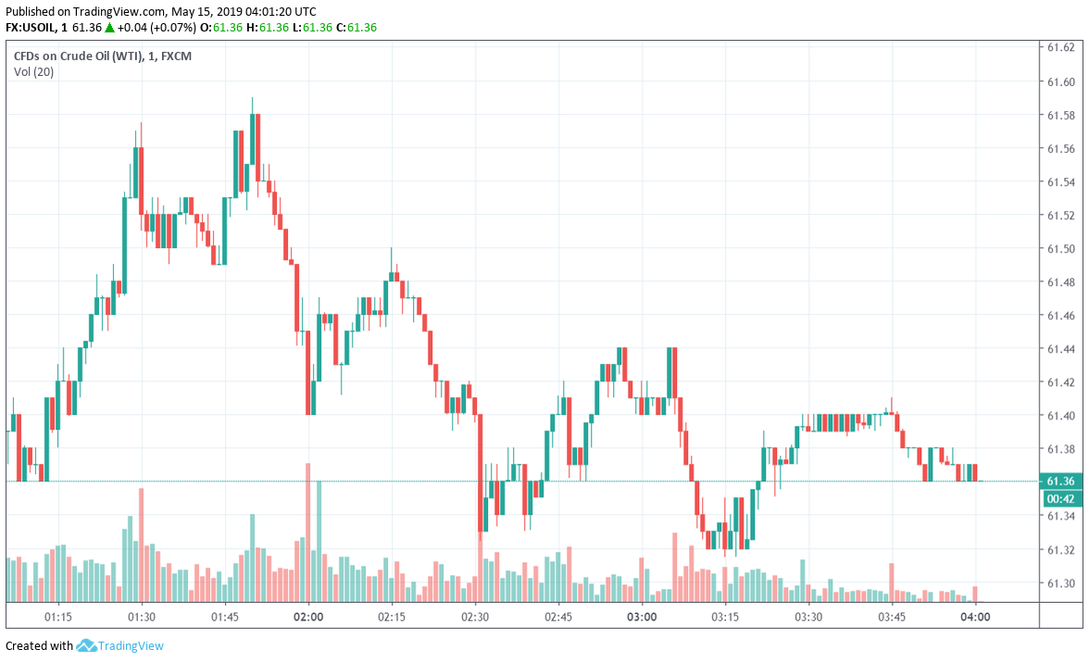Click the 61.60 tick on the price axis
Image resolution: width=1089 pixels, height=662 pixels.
(x=1060, y=81)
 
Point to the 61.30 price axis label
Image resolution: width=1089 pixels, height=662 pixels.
(x=1060, y=583)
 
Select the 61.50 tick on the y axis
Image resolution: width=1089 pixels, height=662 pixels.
(x=1060, y=249)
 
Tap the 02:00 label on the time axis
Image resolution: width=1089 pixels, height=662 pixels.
(x=307, y=617)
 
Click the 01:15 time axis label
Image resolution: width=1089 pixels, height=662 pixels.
(x=57, y=617)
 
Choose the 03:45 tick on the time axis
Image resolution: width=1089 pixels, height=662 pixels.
(x=891, y=617)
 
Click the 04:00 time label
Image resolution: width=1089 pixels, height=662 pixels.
(x=975, y=617)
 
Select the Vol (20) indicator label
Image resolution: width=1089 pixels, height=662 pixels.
(x=33, y=72)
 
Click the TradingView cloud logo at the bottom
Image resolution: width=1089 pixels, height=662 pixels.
(x=87, y=645)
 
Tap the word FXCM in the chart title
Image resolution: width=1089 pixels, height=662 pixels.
(x=177, y=56)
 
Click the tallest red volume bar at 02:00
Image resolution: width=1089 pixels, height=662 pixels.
(x=307, y=532)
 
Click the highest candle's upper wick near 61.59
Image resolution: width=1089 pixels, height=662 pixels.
(x=252, y=104)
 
